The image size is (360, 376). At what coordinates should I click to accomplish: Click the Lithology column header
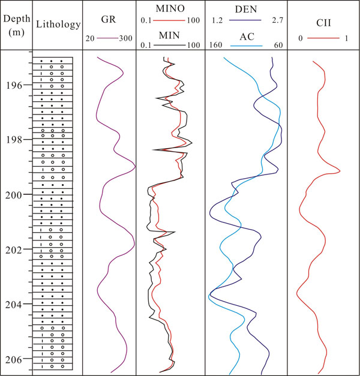(58, 25)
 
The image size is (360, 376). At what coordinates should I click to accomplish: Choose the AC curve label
(246, 35)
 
